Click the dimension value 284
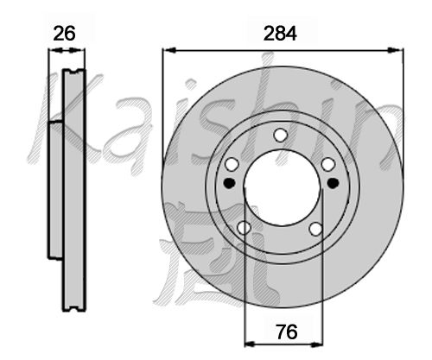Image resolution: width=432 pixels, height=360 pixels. pos(280,34)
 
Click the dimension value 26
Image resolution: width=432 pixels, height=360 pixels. pos(64,34)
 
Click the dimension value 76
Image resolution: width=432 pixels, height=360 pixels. pos(286,332)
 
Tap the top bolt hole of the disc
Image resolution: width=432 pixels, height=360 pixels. pos(280,135)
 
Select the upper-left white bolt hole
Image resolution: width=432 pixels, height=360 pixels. pos(232,165)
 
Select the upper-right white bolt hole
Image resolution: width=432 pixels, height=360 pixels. pos(328,165)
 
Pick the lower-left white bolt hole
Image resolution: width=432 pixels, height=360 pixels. pos(244,228)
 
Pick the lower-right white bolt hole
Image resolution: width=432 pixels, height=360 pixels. pos(315,229)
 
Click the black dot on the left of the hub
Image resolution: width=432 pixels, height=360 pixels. pos(230,183)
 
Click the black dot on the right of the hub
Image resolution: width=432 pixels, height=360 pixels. pos(334,183)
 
